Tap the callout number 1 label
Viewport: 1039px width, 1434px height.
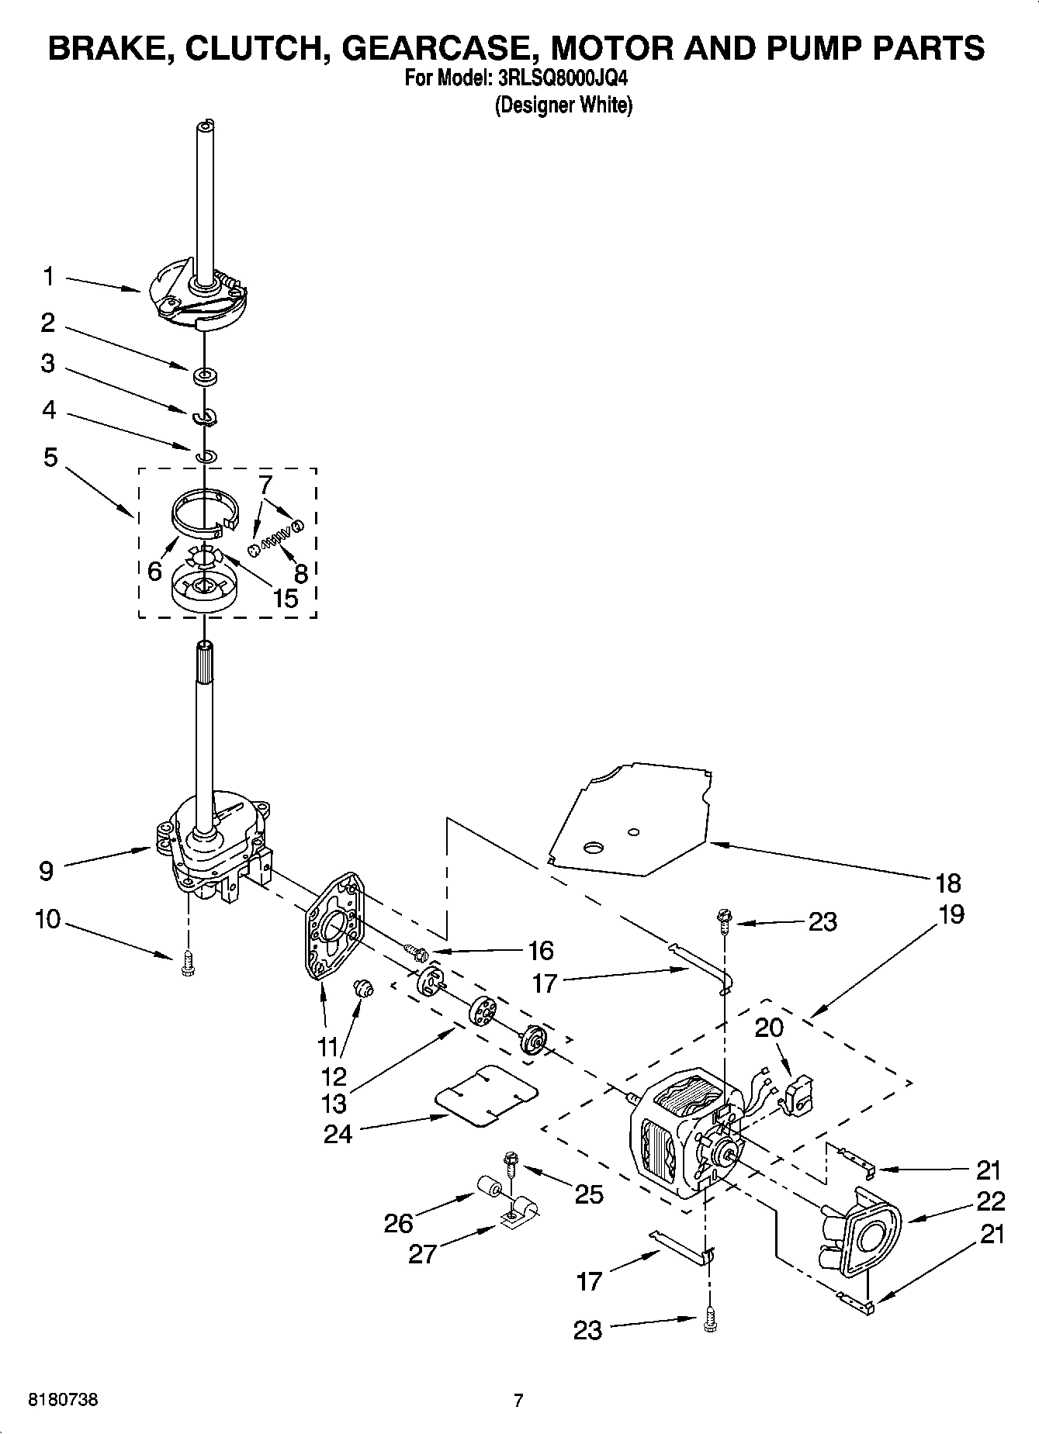click(49, 276)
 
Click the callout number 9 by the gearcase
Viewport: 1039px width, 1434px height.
click(47, 871)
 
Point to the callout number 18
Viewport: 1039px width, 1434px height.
click(948, 883)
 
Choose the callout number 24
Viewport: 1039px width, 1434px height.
click(338, 1134)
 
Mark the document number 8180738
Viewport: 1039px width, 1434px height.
click(63, 1401)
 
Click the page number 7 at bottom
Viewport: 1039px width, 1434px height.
click(518, 1401)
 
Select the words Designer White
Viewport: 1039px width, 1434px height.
click(563, 105)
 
